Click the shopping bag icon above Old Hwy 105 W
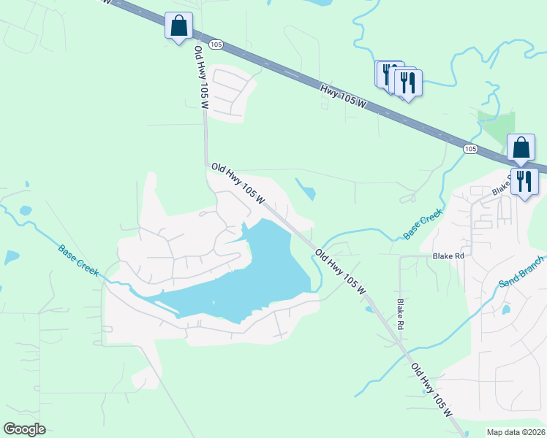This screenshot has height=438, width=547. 179,27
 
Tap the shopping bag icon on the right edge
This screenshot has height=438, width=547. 521,148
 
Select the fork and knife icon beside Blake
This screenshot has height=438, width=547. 524,182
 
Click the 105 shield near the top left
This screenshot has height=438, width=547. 215,45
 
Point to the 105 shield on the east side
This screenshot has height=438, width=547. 470,149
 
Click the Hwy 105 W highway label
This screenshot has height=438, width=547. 343,96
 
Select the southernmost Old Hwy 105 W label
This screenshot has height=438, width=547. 432,390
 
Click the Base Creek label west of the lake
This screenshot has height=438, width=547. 79,259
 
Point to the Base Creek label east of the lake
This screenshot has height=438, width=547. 423,224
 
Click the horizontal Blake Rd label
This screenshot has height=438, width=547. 448,256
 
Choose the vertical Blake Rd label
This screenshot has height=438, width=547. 400,312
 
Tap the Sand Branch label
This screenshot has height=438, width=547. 521,272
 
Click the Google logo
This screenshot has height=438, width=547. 24,429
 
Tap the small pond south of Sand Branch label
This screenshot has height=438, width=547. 506,310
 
